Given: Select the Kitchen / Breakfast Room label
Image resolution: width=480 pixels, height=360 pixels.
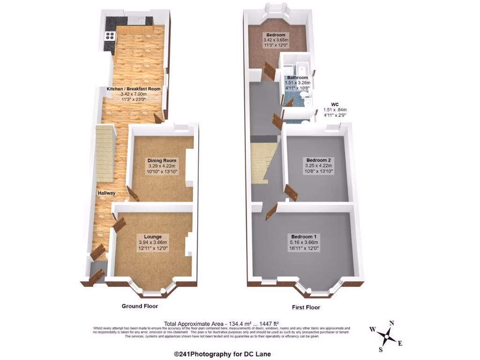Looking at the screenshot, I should click(134, 89).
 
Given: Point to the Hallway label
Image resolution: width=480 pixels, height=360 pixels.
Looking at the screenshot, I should click(106, 193).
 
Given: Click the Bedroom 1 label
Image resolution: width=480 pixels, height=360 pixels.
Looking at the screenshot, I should click(304, 236).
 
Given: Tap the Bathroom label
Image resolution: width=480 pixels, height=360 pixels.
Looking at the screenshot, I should click(298, 77).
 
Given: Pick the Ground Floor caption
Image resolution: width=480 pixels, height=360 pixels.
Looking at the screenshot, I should click(140, 306).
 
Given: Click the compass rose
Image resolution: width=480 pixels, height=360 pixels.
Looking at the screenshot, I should click(387, 336).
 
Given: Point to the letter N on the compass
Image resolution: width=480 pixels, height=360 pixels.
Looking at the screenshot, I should click(391, 323).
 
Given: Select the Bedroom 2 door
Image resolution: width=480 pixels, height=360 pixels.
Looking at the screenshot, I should click(291, 193).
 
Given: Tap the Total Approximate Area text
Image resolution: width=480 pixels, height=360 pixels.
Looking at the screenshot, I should click(221, 323).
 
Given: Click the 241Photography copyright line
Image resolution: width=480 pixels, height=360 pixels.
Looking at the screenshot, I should click(222, 354).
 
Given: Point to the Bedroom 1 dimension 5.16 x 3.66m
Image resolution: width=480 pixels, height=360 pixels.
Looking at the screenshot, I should click(304, 242).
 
